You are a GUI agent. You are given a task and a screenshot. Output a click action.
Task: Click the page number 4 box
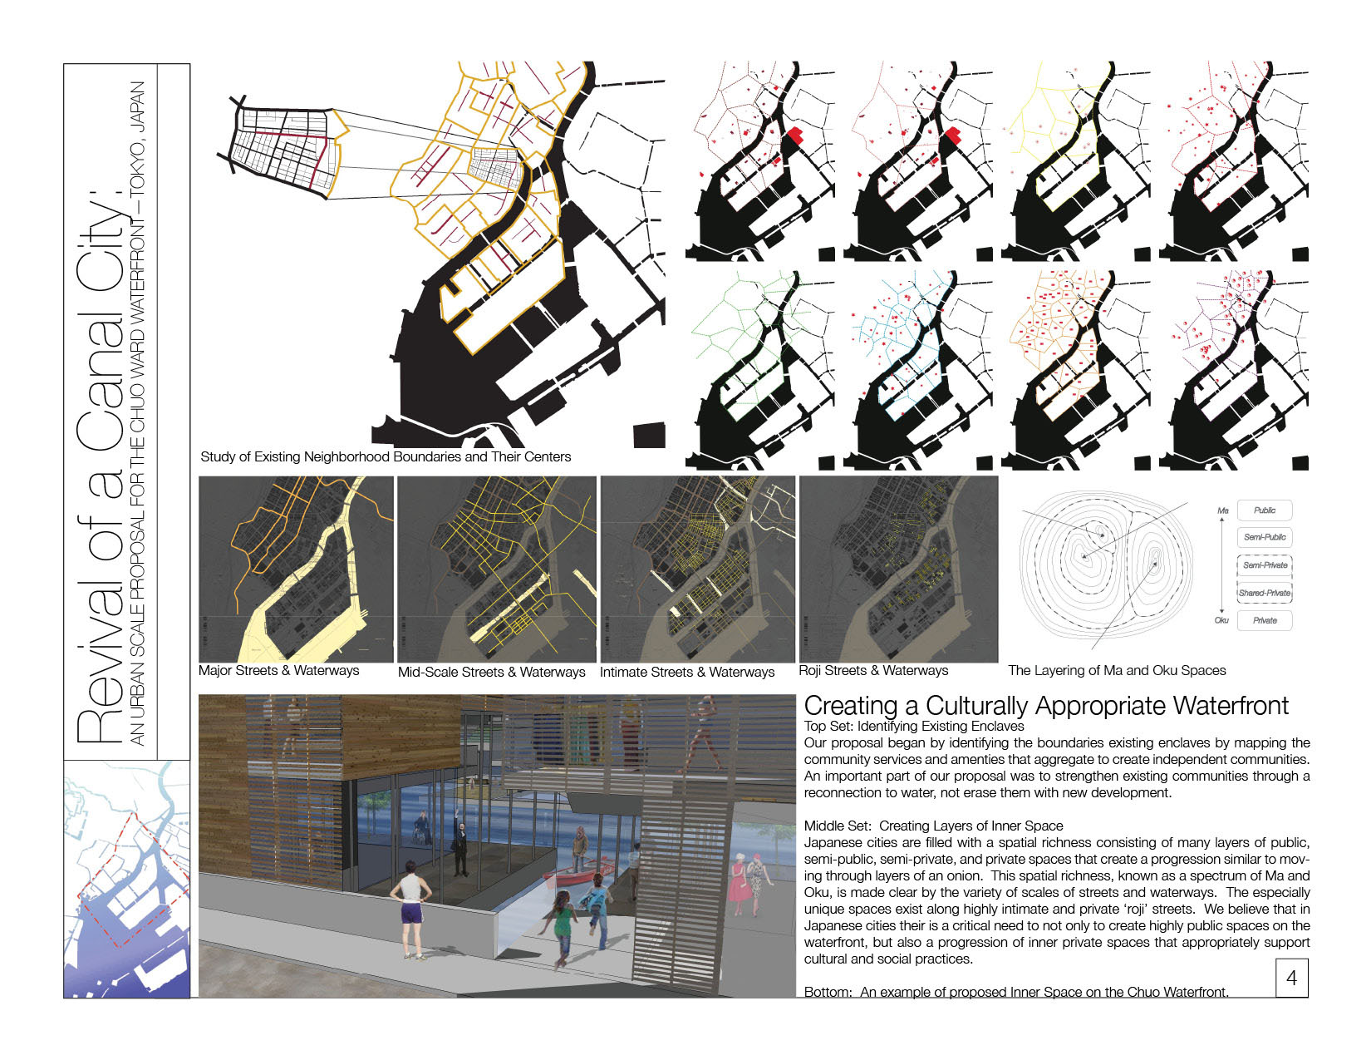click(x=1291, y=978)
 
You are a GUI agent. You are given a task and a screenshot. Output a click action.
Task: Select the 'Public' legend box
click(x=1265, y=510)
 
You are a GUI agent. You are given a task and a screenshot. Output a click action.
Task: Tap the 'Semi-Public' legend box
click(x=1265, y=537)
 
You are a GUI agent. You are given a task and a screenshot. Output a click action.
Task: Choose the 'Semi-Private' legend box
click(x=1265, y=565)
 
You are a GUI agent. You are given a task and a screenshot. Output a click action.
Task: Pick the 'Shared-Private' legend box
click(x=1265, y=593)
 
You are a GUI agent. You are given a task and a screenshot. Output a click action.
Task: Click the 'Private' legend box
click(x=1265, y=620)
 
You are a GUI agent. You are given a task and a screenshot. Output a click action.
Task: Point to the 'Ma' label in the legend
click(x=1222, y=510)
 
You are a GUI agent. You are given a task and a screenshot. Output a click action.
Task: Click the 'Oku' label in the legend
click(x=1221, y=620)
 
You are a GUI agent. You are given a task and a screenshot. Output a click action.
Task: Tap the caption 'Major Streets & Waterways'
click(x=279, y=671)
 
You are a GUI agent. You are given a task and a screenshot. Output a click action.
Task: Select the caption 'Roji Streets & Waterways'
click(x=873, y=670)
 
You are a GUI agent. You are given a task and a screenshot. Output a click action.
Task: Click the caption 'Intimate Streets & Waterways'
click(x=687, y=672)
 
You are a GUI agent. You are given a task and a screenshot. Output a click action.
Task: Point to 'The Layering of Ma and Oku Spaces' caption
click(x=1117, y=670)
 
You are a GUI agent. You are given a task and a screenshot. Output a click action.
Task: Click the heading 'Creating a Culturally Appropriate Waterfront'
click(x=1046, y=706)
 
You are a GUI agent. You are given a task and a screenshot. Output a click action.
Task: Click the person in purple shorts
click(x=411, y=910)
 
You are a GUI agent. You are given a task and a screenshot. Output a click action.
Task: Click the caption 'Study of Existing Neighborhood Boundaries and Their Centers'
click(x=386, y=456)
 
